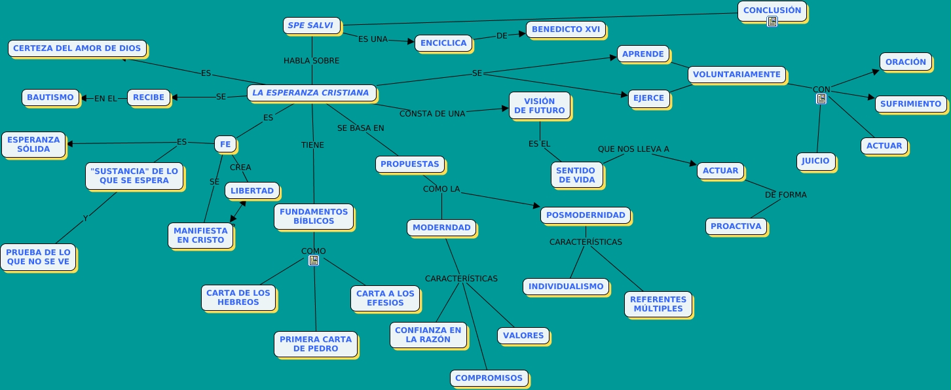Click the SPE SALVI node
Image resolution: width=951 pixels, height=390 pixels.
310,26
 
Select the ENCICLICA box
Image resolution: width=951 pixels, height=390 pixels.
443,43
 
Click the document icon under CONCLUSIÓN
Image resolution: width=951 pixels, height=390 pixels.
772,22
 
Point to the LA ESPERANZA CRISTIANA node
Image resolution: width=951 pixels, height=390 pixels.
311,93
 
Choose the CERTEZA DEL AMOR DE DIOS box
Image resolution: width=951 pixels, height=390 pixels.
77,48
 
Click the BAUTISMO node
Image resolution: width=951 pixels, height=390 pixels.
50,97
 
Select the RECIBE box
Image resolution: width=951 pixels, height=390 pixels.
148,97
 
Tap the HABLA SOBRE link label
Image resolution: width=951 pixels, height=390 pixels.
311,61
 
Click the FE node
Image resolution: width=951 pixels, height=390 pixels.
225,144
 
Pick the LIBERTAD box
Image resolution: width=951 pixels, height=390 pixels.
252,190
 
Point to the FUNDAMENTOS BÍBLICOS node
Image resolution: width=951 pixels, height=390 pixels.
314,217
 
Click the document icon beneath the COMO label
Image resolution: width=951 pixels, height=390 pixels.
314,260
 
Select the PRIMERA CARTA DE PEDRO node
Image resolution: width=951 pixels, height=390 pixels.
316,344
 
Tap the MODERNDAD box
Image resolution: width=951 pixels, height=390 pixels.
441,228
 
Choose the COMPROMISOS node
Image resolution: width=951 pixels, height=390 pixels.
489,378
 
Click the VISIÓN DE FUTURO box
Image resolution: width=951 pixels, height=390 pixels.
539,106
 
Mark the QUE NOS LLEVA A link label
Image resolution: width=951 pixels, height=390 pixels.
633,149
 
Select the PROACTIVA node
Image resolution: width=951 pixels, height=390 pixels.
736,226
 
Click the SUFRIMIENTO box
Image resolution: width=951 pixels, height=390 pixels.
910,104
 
